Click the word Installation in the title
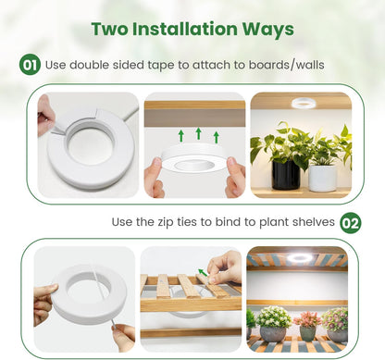(x=185, y=29)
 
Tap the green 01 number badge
(x=30, y=65)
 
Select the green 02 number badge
(x=351, y=223)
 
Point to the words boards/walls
(x=287, y=65)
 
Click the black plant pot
(x=285, y=174)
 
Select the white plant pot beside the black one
(x=323, y=178)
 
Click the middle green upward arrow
(x=199, y=133)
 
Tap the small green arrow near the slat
(x=203, y=272)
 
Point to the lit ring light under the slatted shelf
(x=299, y=257)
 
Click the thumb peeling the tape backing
(x=45, y=118)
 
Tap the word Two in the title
(x=110, y=29)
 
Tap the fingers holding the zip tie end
(x=124, y=337)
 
